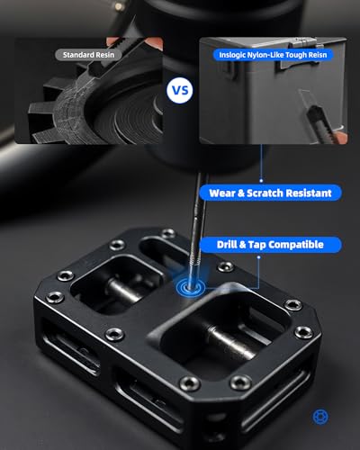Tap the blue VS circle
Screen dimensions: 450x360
coord(180,90)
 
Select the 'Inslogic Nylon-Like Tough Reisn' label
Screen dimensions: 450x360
coord(271,54)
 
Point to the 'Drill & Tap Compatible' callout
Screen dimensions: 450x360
coord(265,244)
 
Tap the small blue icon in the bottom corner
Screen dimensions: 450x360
coord(319,417)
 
